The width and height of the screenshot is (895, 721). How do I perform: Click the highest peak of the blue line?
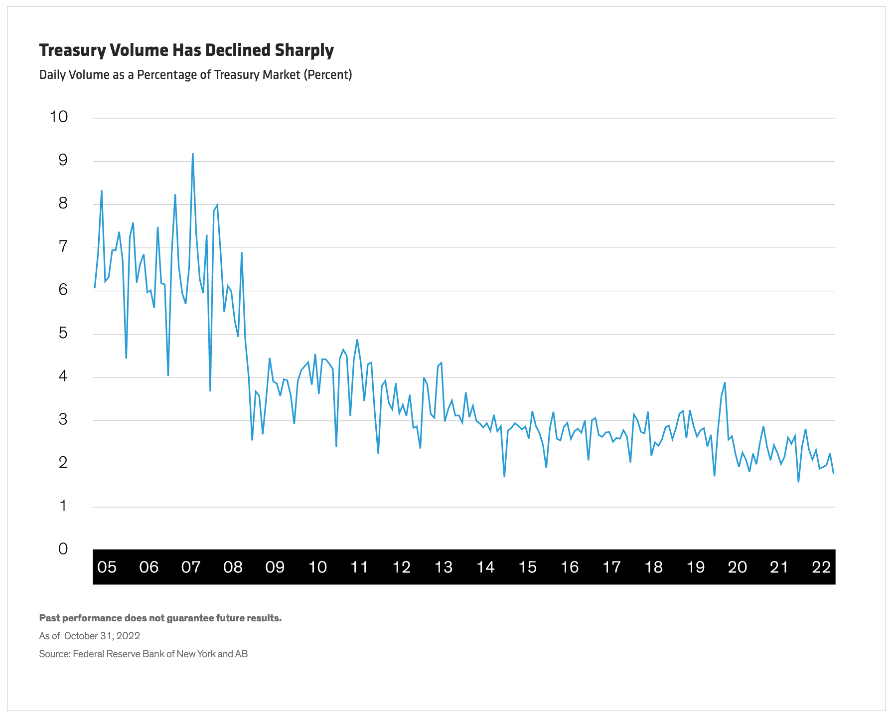point(192,154)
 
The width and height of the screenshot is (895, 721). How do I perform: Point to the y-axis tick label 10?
point(59,117)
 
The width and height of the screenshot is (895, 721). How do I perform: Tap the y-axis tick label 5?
point(63,333)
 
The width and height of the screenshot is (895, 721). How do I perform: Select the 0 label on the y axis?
point(63,549)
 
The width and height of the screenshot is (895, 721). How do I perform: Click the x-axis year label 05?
point(107,567)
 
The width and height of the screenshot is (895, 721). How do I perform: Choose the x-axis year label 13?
point(444,567)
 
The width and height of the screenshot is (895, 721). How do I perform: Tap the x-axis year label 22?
point(821,567)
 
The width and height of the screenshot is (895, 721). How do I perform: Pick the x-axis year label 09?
point(275,567)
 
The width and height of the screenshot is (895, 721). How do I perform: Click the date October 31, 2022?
point(102,636)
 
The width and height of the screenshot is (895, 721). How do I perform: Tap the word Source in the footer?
point(54,654)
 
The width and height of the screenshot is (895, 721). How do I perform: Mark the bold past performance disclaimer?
point(160,618)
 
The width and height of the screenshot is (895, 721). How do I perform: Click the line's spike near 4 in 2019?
point(725,383)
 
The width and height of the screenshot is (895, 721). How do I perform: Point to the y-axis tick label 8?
point(63,203)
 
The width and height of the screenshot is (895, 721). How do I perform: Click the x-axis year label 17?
point(611,567)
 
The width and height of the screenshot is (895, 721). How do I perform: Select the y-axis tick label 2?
point(63,463)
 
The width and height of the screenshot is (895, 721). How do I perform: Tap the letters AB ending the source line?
point(241,654)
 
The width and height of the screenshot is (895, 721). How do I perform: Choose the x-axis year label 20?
point(738,567)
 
